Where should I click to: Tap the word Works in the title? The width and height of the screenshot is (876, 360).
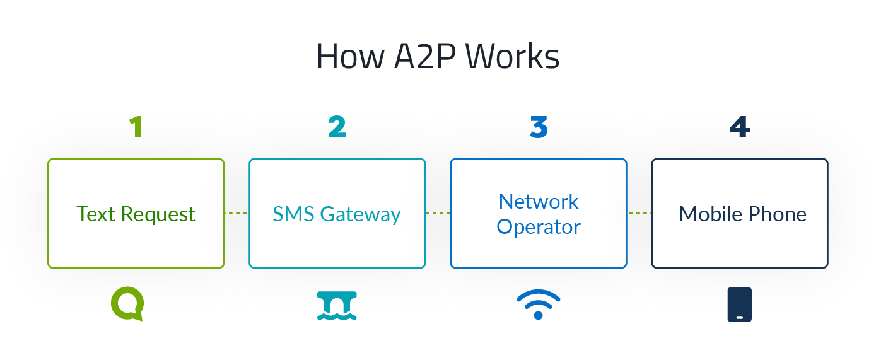512,57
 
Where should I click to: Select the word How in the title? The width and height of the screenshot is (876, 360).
350,57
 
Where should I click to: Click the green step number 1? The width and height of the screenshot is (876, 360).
136,127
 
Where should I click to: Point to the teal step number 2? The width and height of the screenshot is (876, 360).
337,127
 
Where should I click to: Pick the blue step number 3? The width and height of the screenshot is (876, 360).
539,127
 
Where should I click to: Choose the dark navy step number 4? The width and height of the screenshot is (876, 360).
739,127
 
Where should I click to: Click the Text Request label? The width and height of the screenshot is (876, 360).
136,214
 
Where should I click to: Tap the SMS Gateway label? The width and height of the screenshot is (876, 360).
337,214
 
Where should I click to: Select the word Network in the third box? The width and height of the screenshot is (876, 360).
539,202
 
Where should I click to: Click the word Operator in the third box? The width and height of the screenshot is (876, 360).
539,226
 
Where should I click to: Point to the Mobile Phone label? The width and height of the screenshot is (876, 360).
742,214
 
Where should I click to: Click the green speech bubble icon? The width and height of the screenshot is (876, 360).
127,304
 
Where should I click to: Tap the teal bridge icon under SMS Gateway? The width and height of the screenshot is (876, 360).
337,305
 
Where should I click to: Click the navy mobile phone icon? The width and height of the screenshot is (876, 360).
739,305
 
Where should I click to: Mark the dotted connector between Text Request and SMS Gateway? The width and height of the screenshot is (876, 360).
237,214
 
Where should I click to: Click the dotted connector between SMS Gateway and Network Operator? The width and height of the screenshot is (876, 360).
438,214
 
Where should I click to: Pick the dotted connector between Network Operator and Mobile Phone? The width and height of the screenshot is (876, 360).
639,214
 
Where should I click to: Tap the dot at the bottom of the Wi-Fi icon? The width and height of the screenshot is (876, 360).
538,315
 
